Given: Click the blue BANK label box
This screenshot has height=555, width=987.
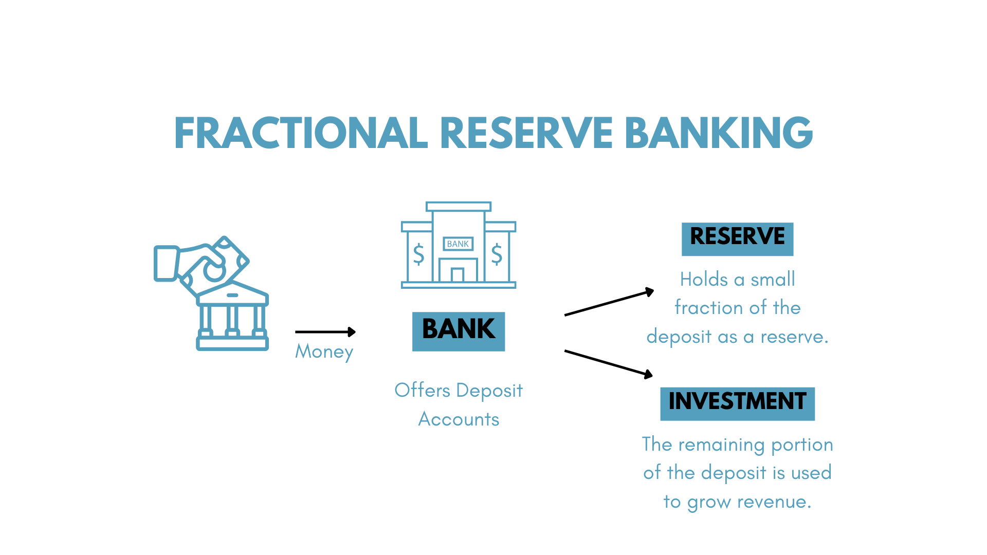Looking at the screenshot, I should pyautogui.click(x=458, y=331).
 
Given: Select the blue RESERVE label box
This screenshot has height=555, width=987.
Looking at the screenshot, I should pyautogui.click(x=737, y=239).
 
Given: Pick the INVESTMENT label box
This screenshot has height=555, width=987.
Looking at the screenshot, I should pyautogui.click(x=737, y=403).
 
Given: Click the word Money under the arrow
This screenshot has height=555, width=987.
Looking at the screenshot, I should pyautogui.click(x=324, y=351).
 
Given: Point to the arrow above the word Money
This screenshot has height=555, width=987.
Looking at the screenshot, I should pyautogui.click(x=325, y=332).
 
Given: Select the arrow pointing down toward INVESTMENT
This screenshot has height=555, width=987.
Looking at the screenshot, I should pyautogui.click(x=609, y=363).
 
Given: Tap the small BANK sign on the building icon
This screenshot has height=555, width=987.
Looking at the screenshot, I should pyautogui.click(x=458, y=244).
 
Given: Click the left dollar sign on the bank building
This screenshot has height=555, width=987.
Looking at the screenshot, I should pyautogui.click(x=419, y=254).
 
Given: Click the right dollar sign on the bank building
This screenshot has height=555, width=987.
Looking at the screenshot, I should pyautogui.click(x=497, y=254).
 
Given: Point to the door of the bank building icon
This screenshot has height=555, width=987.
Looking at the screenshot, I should pyautogui.click(x=457, y=275).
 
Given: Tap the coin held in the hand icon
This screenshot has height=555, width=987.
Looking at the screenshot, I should pyautogui.click(x=214, y=271).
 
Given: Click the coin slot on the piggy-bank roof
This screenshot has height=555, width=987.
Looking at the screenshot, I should pyautogui.click(x=232, y=295).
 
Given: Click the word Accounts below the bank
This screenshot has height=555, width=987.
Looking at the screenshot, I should pyautogui.click(x=459, y=419).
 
